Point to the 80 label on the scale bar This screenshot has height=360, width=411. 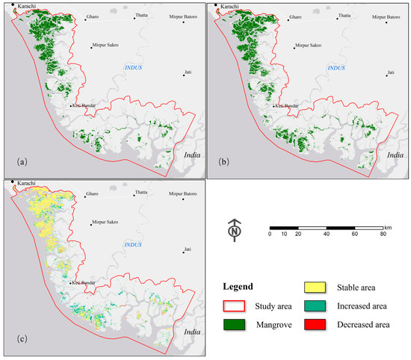(383, 234)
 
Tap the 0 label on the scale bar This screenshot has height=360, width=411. (270, 234)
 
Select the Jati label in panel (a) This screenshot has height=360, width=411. (189, 72)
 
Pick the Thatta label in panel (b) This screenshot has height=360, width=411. (344, 16)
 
